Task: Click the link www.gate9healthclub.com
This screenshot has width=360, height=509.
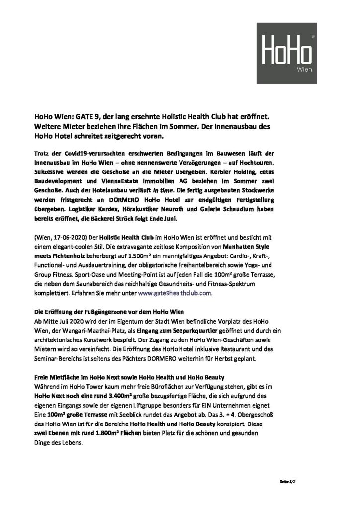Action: pos(175,293)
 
